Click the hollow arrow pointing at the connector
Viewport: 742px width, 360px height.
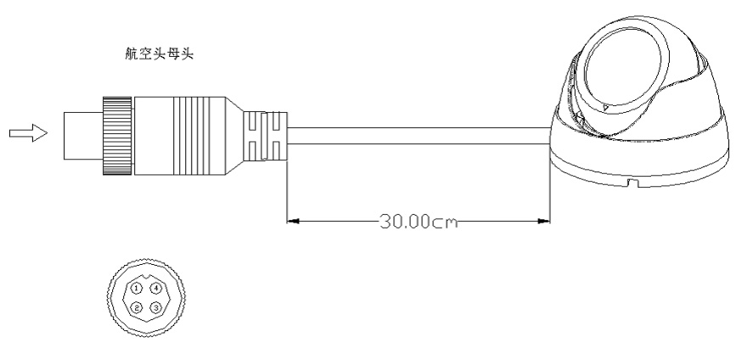point(28,133)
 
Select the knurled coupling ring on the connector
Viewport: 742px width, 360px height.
point(117,136)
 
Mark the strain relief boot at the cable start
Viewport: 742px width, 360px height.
point(265,136)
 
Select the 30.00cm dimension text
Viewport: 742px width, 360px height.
point(419,222)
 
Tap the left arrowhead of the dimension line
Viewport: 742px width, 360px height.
point(294,221)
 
